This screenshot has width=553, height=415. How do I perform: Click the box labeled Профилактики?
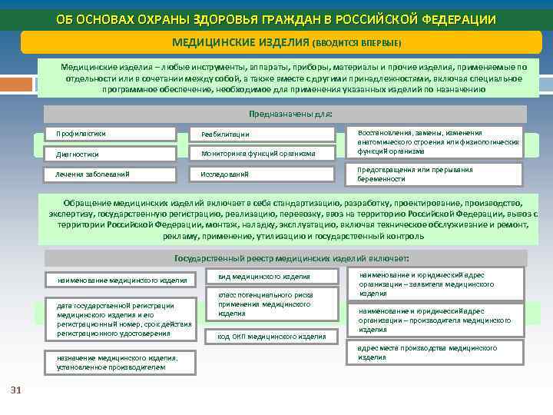click(110, 134)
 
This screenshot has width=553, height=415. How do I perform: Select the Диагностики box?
click(110, 154)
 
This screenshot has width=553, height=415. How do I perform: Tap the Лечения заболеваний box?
click(110, 174)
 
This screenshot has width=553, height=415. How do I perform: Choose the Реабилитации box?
click(262, 134)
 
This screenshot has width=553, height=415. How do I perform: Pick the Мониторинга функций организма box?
click(262, 154)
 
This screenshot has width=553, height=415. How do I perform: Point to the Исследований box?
click(262, 174)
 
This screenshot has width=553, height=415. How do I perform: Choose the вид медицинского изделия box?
click(273, 276)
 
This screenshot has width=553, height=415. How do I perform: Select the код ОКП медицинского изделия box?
click(273, 336)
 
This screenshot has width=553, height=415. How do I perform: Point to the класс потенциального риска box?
click(273, 305)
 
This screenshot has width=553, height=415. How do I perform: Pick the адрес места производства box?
click(435, 353)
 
